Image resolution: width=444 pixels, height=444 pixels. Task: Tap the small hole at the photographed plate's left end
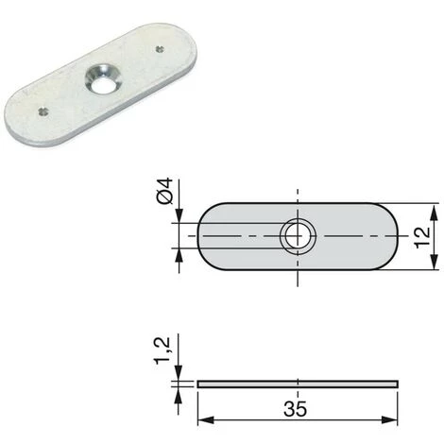[43, 110]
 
